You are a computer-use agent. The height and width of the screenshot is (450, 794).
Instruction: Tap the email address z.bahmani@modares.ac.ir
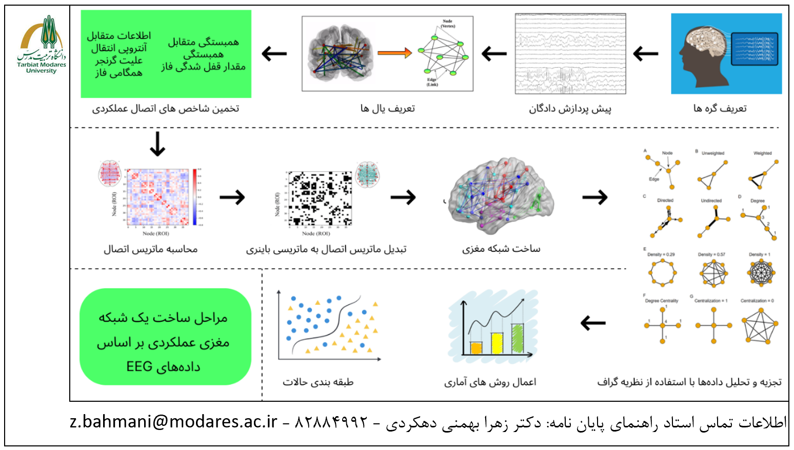173,422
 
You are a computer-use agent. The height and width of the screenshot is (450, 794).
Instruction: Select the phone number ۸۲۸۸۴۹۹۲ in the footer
332,422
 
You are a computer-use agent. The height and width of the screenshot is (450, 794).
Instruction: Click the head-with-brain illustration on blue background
726,53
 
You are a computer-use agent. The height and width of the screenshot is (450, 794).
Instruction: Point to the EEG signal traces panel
570,53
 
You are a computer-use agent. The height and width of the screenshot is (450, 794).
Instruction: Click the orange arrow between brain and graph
394,52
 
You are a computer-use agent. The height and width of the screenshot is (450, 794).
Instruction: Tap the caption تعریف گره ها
720,108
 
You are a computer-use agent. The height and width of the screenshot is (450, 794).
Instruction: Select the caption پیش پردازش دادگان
570,109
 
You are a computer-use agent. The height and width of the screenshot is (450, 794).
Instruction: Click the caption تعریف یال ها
387,108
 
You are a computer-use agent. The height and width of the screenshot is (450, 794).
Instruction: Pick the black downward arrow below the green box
157,144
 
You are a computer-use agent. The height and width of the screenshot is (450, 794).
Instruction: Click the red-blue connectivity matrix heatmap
158,197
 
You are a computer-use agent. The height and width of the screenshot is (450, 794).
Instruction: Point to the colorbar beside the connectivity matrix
195,197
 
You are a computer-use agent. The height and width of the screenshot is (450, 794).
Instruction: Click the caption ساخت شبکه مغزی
501,249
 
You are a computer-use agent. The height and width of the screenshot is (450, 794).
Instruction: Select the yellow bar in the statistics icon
497,343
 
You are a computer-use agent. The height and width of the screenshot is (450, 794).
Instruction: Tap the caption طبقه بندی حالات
318,382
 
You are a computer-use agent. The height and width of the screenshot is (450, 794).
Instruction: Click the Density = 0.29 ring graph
662,272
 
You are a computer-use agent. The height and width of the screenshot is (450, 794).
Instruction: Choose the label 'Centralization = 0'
757,301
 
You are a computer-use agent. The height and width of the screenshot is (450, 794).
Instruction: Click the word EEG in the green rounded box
140,367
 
